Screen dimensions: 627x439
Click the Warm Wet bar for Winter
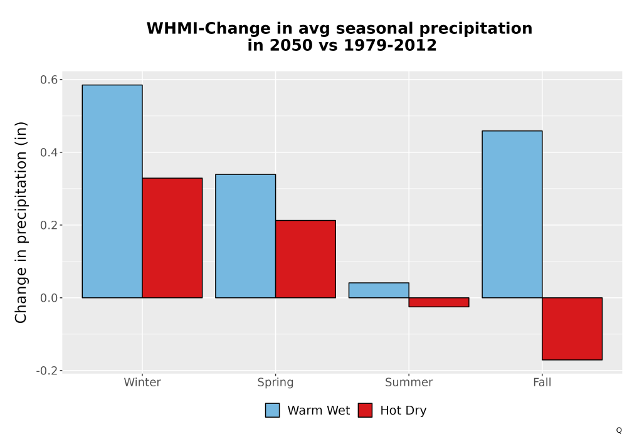[x=112, y=191]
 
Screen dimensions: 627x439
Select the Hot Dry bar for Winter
[x=172, y=238]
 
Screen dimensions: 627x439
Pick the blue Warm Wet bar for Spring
[x=246, y=236]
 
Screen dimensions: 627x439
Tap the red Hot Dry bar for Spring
[x=305, y=259]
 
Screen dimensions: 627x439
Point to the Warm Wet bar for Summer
[x=379, y=290]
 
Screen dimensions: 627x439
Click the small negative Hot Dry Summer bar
[x=439, y=302]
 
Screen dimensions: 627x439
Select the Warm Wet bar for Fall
[x=512, y=214]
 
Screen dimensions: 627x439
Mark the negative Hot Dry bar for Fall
[x=572, y=329]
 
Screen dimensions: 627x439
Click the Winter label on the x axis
[x=142, y=382]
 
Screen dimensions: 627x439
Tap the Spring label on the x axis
[x=275, y=383]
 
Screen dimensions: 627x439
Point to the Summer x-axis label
[x=409, y=382]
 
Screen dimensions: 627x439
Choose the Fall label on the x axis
[x=542, y=382]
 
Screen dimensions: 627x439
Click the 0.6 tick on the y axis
[x=48, y=80]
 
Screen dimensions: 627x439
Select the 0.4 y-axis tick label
[x=48, y=152]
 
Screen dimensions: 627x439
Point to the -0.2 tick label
[x=46, y=371]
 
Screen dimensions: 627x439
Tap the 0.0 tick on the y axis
[x=48, y=298]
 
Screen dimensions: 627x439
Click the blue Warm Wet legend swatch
[x=272, y=410]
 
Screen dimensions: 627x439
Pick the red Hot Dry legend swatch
[x=365, y=410]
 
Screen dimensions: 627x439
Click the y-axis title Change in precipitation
[x=21, y=222]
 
